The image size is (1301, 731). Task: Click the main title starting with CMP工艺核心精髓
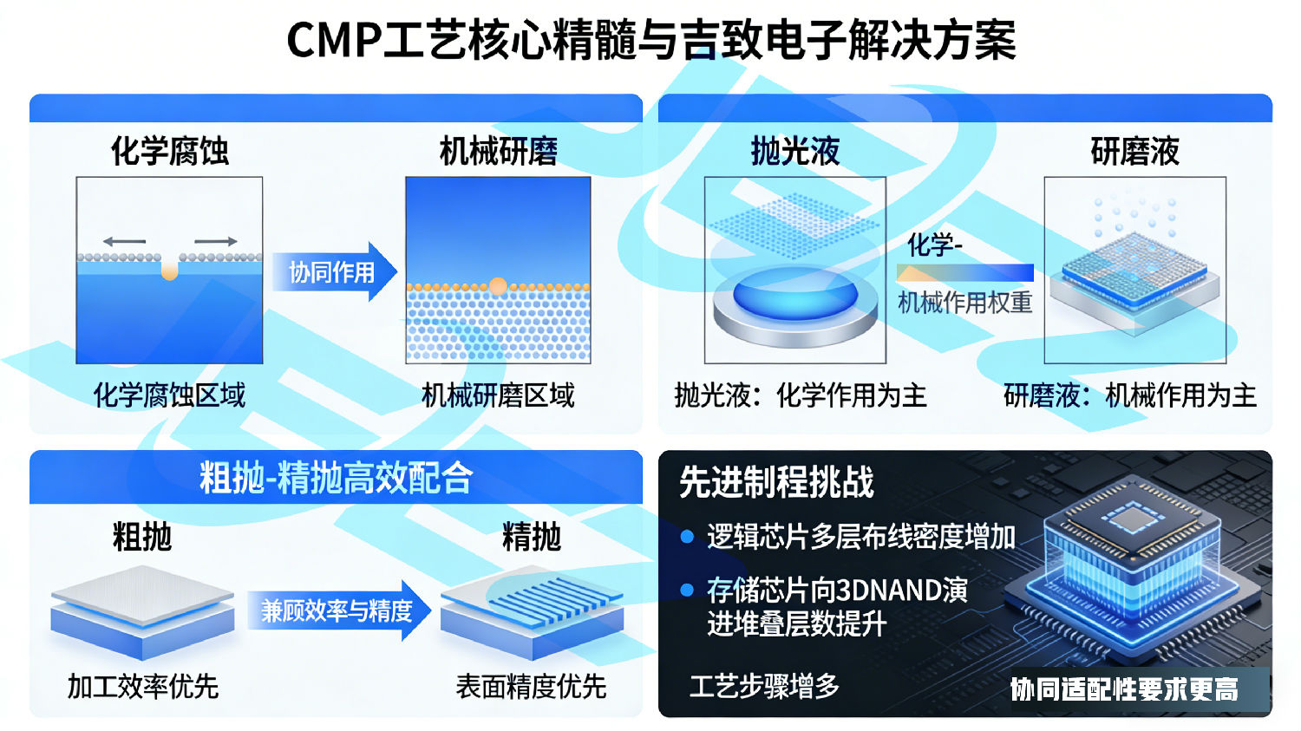tap(650, 41)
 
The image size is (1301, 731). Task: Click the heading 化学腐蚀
tap(169, 151)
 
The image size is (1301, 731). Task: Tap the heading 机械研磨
tap(498, 151)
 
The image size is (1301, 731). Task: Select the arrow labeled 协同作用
tap(333, 272)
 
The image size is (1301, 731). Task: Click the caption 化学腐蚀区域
tap(169, 395)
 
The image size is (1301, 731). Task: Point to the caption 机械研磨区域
tap(498, 395)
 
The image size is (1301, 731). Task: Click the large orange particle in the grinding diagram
tap(498, 286)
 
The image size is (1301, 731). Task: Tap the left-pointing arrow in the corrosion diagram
tap(124, 241)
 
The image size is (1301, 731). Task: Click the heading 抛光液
tap(794, 151)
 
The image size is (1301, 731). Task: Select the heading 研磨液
tap(1134, 151)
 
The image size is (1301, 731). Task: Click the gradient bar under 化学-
tap(964, 273)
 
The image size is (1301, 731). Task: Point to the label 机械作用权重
tap(964, 303)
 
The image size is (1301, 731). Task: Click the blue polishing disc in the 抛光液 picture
tap(794, 293)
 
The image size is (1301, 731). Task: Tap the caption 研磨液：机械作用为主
tap(1129, 395)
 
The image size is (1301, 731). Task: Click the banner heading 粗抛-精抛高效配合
tap(336, 478)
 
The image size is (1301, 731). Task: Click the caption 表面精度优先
tap(531, 687)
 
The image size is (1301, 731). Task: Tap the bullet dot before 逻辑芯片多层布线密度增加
tap(687, 537)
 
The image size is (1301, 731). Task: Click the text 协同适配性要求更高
tap(1124, 689)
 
